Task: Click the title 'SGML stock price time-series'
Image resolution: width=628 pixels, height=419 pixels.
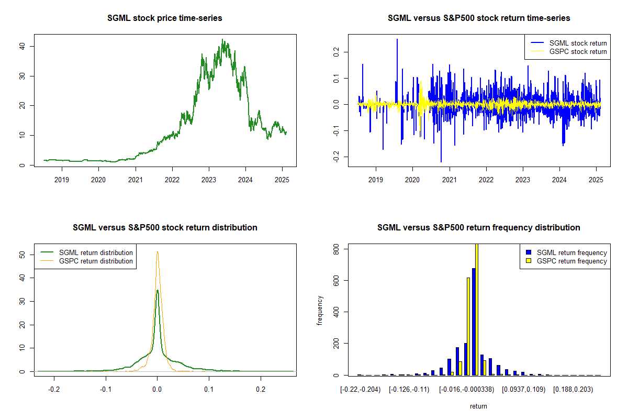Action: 165,18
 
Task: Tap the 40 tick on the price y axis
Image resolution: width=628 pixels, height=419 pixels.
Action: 24,46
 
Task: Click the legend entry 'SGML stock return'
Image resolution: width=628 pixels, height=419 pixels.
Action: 578,43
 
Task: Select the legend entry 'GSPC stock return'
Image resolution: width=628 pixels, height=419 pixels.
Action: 578,52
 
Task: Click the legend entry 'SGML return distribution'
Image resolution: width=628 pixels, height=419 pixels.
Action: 96,252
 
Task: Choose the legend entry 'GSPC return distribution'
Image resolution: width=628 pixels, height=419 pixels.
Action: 96,261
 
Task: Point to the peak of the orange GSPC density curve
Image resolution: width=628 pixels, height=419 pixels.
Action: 157,252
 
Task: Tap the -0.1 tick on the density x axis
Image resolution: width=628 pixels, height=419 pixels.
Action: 106,390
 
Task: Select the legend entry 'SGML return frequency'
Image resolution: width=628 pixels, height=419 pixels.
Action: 572,252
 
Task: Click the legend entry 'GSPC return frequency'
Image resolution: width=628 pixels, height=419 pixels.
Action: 572,261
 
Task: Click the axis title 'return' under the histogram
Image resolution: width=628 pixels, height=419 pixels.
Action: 478,406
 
